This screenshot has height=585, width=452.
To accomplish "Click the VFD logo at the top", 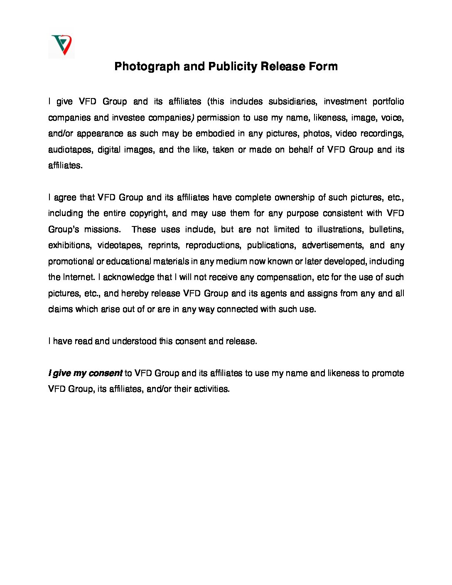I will point(61,44).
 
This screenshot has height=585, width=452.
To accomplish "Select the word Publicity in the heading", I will point(233,66).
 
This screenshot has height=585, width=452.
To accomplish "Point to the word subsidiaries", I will point(292,102).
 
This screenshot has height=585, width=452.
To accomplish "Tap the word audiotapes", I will point(69,150).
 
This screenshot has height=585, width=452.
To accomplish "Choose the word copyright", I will point(148,214).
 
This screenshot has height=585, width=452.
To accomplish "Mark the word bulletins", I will point(386,229).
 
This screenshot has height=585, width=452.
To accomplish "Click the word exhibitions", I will point(69,245).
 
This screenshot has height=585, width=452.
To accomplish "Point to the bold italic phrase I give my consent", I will point(86,373).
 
